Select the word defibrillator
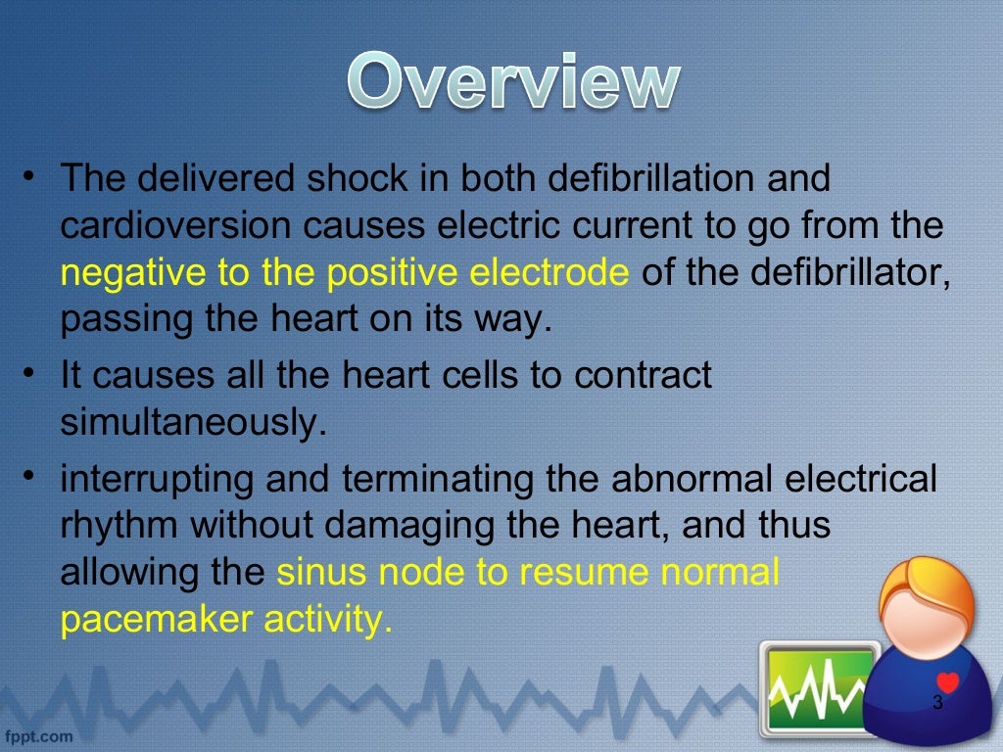point(833,274)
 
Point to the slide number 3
point(937,703)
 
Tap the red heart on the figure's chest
point(946,682)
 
